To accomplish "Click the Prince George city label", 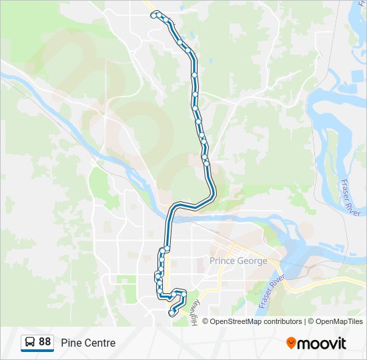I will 238,261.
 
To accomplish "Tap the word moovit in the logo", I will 322,343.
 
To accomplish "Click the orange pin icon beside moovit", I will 291,343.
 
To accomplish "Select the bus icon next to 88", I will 31,342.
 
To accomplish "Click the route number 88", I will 45,342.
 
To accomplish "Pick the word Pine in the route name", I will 70,343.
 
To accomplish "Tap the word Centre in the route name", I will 99,343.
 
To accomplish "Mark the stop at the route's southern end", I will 171,313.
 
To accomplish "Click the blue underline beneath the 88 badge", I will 37,351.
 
